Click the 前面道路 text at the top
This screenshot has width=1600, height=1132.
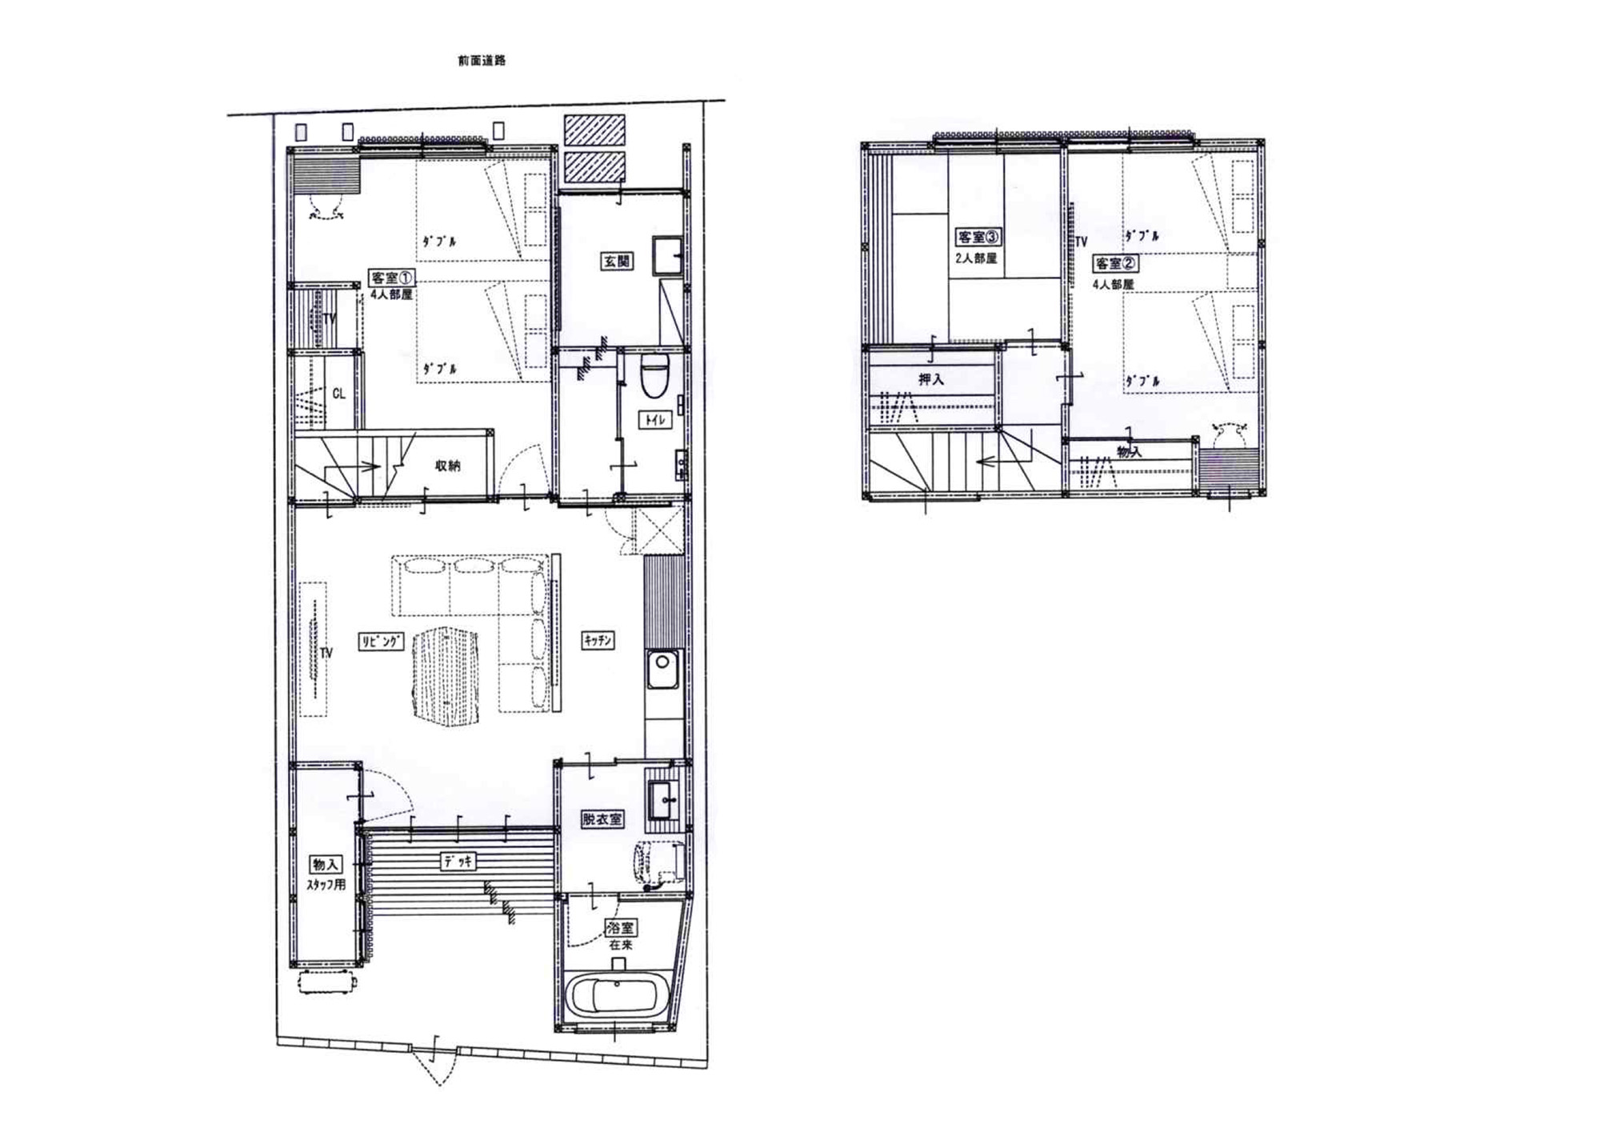click(x=482, y=60)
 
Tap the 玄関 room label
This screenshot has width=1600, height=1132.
click(x=616, y=261)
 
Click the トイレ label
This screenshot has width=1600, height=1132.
click(x=654, y=419)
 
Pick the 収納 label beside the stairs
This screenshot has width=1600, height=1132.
click(x=447, y=466)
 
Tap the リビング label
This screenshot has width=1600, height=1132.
click(x=381, y=641)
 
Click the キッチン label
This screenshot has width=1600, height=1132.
click(x=598, y=640)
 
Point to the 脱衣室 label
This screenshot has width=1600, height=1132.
click(x=602, y=819)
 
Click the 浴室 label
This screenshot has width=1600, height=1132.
click(x=621, y=929)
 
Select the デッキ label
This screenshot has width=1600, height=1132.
click(x=459, y=861)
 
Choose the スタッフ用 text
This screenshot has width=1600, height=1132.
click(x=326, y=885)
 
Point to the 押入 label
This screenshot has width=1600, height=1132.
click(x=930, y=380)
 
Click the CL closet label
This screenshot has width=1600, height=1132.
click(x=338, y=394)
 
